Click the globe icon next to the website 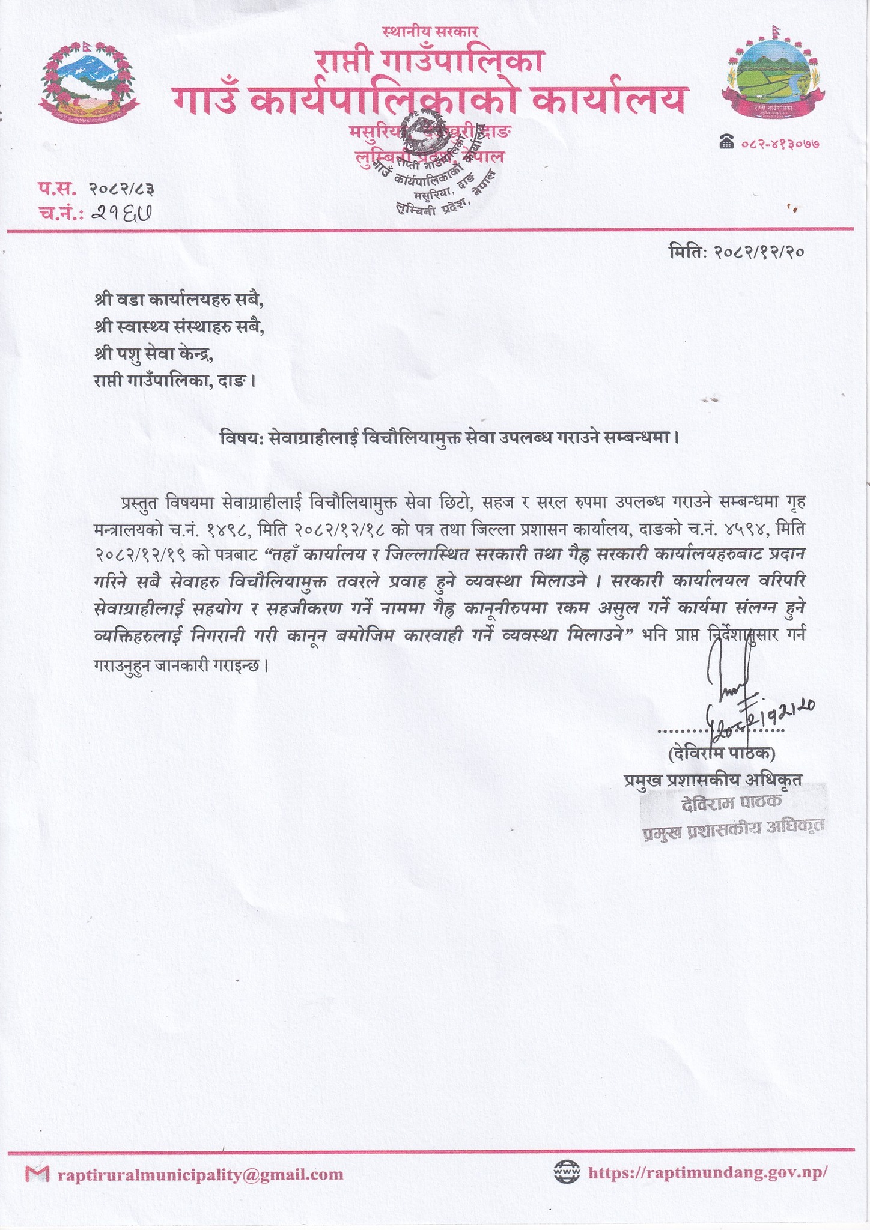pyautogui.click(x=565, y=1172)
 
